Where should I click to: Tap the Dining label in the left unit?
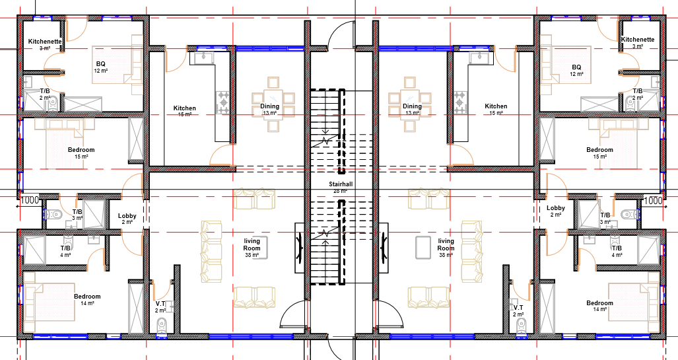(x=269, y=106)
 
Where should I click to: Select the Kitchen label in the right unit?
(x=496, y=106)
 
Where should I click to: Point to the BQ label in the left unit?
(x=100, y=64)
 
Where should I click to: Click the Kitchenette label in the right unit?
(x=638, y=40)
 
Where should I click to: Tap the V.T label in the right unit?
(x=518, y=308)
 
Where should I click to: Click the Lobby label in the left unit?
(x=127, y=216)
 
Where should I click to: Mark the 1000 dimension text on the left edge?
(x=30, y=200)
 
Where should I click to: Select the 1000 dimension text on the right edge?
(x=652, y=200)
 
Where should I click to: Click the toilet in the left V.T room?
(x=162, y=326)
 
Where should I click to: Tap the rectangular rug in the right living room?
(x=422, y=247)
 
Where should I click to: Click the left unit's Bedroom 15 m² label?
(x=81, y=150)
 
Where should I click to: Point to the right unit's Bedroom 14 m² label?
(x=599, y=303)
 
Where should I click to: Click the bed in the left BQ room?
(x=118, y=64)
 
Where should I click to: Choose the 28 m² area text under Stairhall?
(x=340, y=191)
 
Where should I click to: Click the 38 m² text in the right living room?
(x=446, y=255)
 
